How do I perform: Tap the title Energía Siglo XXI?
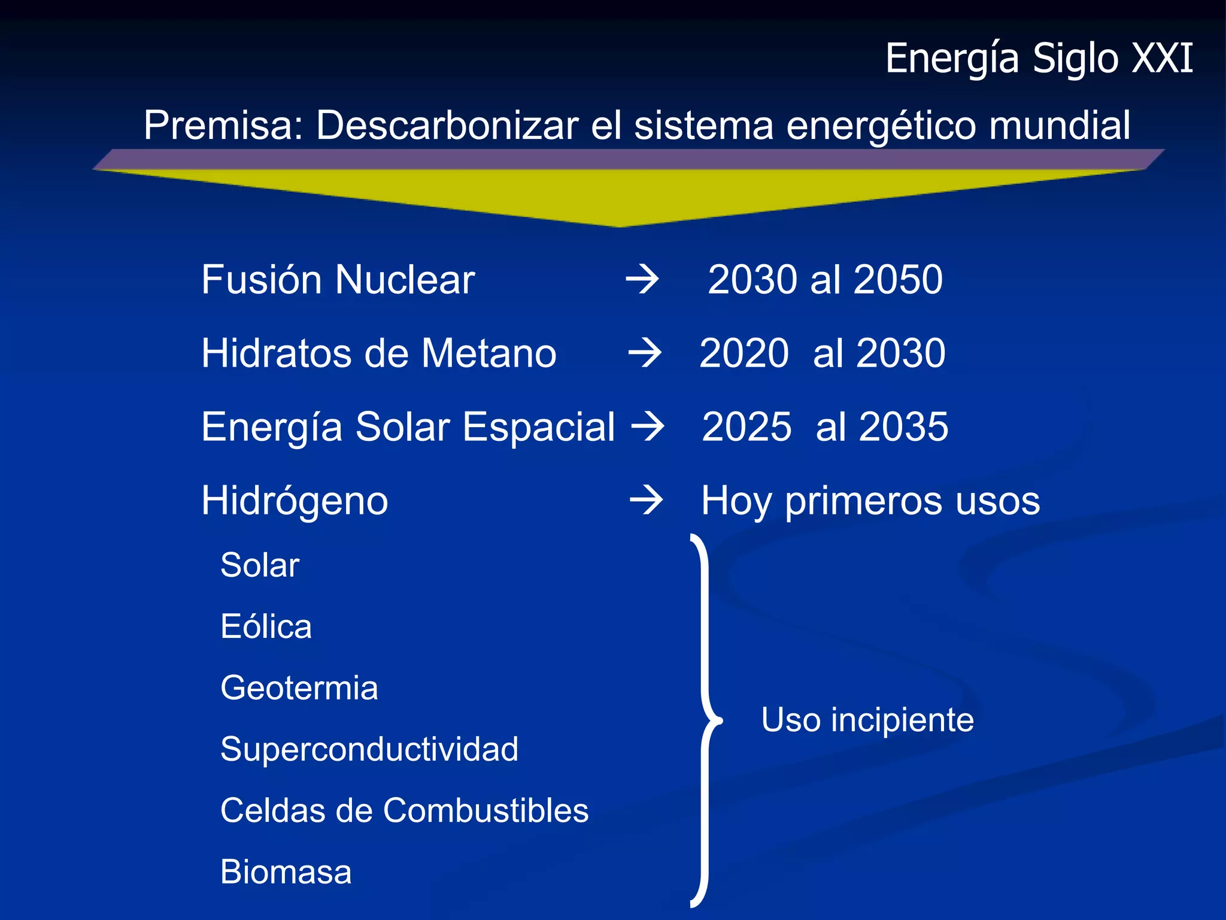[1039, 59]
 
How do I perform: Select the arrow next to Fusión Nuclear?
[642, 280]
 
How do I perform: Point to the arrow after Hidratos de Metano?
[645, 353]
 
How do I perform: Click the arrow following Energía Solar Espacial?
[648, 426]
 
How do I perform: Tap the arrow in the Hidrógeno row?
[647, 500]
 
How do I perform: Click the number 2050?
[898, 280]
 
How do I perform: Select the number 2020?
[744, 353]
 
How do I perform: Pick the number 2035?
[904, 426]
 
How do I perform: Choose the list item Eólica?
[266, 627]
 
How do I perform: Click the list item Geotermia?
[299, 688]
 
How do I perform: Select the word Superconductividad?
[369, 749]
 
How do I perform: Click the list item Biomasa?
[286, 872]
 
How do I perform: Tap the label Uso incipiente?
[867, 720]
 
